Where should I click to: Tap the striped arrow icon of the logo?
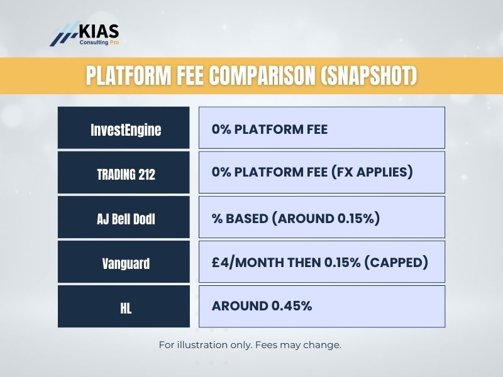pos(64,35)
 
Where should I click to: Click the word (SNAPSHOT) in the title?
pos(368,76)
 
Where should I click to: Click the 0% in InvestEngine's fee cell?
pos(221,131)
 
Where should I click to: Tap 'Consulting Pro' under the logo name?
pos(99,43)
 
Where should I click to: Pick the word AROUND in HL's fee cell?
pos(240,306)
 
